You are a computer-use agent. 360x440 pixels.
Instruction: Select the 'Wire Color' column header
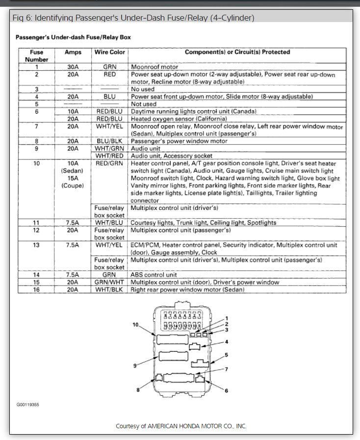[110, 52]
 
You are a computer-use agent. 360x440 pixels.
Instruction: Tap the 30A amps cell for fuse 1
[73, 66]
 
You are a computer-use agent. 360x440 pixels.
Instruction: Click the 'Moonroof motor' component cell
[154, 66]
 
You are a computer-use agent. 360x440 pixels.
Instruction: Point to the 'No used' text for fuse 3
[143, 89]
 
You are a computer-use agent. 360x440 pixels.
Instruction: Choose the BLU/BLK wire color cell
[110, 141]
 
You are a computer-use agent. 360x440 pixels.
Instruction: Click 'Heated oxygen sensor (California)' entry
[179, 119]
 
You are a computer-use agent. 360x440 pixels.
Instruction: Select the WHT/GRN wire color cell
[110, 148]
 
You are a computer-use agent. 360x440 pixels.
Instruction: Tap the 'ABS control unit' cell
[154, 275]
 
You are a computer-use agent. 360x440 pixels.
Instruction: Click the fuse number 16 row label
[36, 290]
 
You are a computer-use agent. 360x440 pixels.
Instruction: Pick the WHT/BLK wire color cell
[110, 290]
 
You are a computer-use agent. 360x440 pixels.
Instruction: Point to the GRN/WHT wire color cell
[110, 283]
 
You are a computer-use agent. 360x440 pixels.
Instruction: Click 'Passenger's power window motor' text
[179, 141]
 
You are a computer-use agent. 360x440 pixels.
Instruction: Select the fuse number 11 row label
[36, 223]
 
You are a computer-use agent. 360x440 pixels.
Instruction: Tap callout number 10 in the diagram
[136, 325]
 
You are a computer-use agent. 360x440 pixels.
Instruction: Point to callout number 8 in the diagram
[138, 389]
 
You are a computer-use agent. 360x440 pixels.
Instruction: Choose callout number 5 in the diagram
[227, 355]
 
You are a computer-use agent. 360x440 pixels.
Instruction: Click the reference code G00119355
[28, 405]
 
